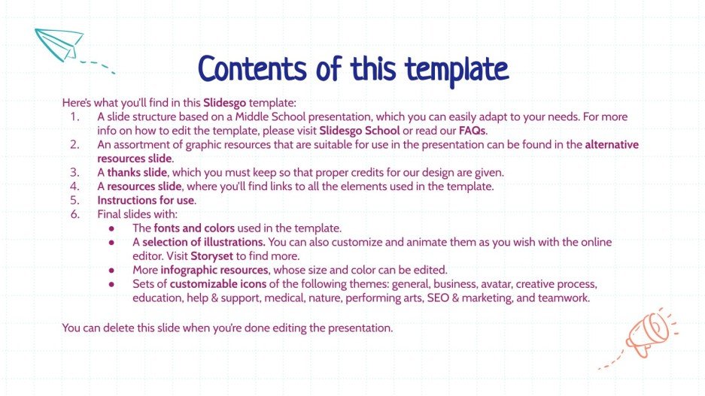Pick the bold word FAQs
tap(472, 130)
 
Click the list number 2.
tap(74, 144)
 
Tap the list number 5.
tap(74, 201)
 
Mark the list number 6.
tap(74, 214)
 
